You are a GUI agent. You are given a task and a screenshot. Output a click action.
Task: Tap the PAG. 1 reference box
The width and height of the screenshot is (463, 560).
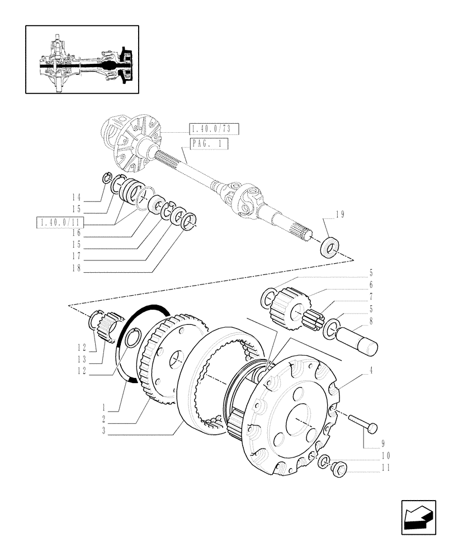[x=208, y=144]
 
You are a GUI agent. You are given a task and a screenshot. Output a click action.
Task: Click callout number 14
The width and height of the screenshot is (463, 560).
[x=76, y=197]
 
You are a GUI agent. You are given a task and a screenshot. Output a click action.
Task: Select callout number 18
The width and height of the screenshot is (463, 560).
[x=76, y=268]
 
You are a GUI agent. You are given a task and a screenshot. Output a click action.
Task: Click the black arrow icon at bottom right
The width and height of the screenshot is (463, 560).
[x=418, y=517]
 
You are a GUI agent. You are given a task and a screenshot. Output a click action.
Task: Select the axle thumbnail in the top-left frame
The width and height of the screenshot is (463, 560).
[x=82, y=59]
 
